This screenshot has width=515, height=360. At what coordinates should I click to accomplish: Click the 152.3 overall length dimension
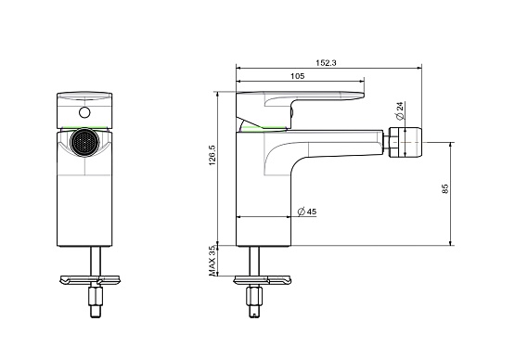point(326,63)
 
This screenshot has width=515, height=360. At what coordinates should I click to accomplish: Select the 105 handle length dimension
point(298,76)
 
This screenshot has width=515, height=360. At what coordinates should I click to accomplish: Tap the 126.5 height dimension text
point(212,155)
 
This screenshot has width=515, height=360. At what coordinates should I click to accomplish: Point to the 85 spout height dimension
point(445,189)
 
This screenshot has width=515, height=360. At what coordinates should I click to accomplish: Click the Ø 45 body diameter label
point(307,212)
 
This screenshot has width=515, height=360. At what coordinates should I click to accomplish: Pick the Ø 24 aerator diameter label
point(399,110)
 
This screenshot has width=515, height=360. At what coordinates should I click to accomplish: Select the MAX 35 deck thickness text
point(212,261)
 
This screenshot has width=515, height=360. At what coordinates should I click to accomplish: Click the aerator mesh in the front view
point(84,143)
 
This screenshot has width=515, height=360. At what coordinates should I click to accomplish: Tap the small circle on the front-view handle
point(84,112)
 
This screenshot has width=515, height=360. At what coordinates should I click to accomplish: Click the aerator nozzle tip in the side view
point(406,143)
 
